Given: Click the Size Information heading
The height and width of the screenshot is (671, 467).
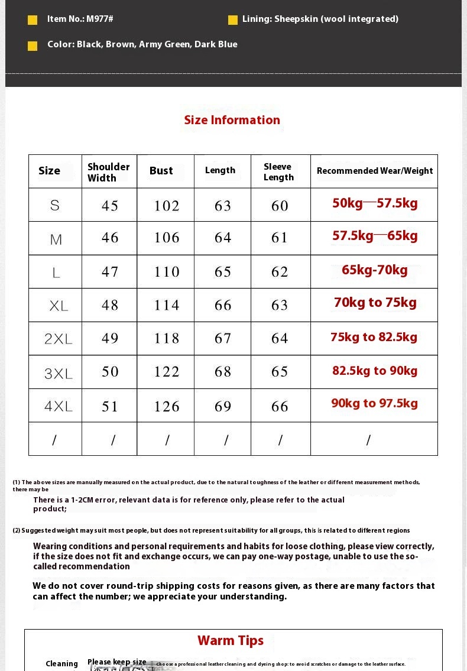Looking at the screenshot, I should coord(232,120).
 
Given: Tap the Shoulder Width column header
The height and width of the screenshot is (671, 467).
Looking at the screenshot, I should coord(109,172).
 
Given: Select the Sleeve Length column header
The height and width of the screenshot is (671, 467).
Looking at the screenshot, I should coord(278,172).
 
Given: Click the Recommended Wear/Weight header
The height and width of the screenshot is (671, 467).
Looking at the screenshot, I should coord(375,171).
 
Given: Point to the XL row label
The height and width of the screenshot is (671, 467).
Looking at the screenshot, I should coord(59,306).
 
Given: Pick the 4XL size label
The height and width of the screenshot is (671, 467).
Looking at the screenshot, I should coord(59,406).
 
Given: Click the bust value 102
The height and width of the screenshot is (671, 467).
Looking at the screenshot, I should coord(167,206).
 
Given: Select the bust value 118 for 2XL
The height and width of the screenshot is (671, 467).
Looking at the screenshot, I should coord(167,338).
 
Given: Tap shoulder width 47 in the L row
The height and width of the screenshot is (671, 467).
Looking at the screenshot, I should coord(110,272).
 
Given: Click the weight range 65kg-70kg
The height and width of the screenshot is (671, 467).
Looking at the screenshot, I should coord(375,270).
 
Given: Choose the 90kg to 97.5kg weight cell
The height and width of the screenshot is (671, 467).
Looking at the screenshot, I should coord(374,403).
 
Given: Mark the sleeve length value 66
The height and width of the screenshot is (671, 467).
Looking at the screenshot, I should coord(280,407).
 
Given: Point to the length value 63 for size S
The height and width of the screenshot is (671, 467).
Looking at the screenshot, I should coord(223,206).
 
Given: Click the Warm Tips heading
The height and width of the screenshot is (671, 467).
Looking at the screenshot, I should coord(231,641).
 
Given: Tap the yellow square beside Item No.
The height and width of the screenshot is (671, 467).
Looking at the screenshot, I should coord(33,20).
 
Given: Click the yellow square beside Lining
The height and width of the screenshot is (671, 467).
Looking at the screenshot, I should coord(233,20).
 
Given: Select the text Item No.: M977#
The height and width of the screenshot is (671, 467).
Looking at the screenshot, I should coord(80,19).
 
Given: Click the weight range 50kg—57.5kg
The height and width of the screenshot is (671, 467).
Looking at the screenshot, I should coord(375,203).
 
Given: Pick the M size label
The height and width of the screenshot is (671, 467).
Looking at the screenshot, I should coord(56,239).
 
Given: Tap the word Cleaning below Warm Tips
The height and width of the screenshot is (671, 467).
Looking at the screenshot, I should coord(62,664).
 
